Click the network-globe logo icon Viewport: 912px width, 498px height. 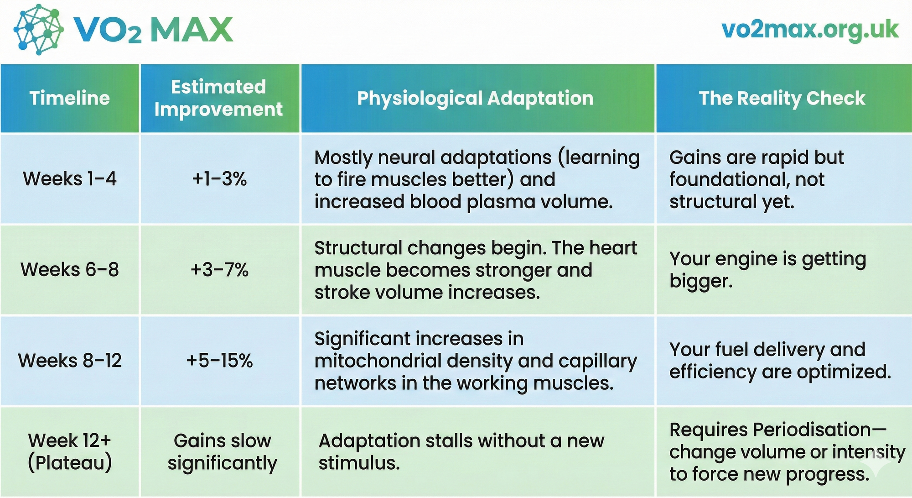[x=38, y=30]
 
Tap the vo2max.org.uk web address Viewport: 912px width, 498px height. [x=810, y=30]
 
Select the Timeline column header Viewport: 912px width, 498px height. [x=70, y=98]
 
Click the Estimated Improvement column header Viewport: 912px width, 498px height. [x=219, y=98]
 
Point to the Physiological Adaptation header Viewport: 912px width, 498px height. [x=475, y=99]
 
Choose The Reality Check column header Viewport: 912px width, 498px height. [x=782, y=99]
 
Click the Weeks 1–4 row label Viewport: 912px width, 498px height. [x=70, y=178]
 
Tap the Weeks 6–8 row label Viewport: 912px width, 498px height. [x=70, y=270]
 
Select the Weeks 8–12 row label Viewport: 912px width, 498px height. [x=70, y=361]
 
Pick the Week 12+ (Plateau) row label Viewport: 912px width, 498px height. [x=70, y=452]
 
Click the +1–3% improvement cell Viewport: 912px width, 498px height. [x=219, y=178]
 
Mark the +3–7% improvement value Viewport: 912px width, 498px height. [x=219, y=270]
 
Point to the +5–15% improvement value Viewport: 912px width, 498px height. [x=219, y=361]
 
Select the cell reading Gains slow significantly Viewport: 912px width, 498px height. [x=222, y=452]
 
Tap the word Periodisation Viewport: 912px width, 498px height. [x=812, y=430]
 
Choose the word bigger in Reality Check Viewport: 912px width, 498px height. [x=701, y=282]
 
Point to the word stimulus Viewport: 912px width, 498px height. [x=359, y=463]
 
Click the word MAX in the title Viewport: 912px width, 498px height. [x=192, y=30]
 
